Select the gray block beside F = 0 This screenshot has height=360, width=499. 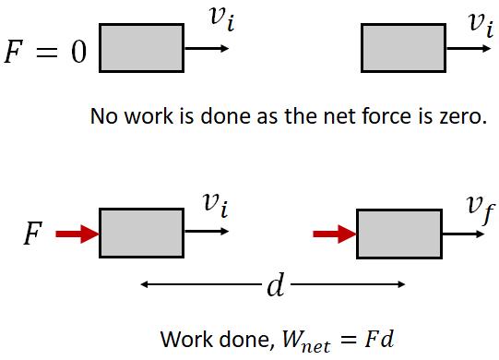(141, 46)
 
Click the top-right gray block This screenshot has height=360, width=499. (404, 47)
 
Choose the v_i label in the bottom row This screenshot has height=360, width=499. (214, 205)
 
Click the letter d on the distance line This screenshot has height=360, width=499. (274, 285)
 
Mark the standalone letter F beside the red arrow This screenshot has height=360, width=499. (31, 236)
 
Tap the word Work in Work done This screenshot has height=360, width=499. (183, 337)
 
